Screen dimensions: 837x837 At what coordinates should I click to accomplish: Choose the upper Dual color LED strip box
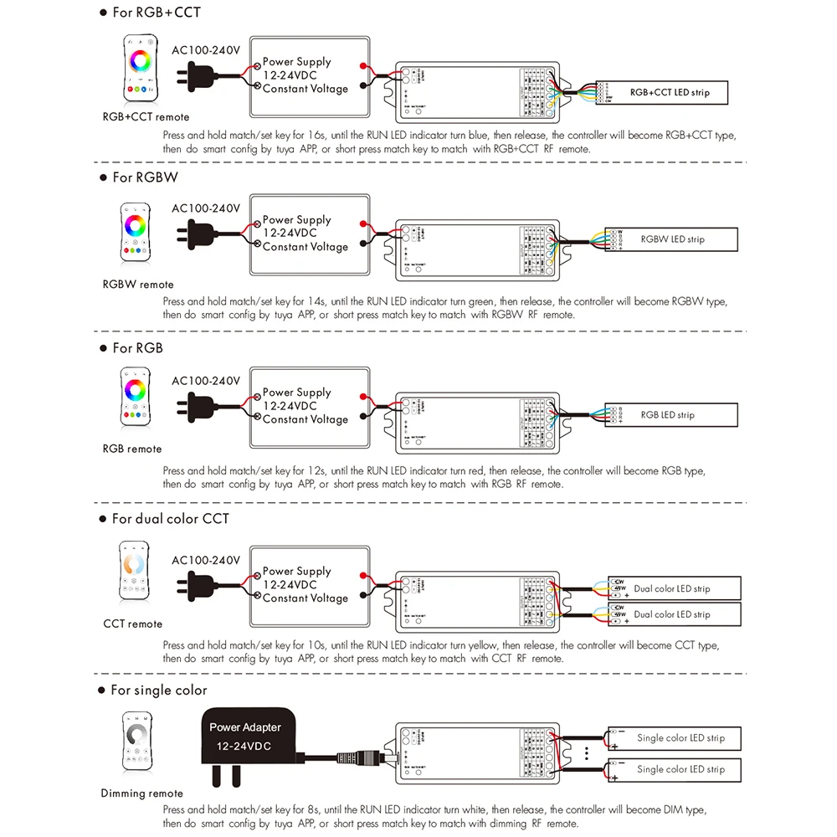point(674,588)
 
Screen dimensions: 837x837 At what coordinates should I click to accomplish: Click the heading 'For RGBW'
point(145,177)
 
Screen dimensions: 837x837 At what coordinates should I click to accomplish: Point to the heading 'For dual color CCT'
point(170,519)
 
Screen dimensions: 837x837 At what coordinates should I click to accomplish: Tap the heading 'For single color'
point(158,691)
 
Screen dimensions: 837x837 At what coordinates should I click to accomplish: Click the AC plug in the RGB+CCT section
point(190,77)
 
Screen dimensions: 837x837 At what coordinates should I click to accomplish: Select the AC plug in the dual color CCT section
point(190,586)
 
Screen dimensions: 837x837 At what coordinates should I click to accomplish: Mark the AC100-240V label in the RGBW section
point(206,208)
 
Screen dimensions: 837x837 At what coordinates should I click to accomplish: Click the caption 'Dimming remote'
point(141,793)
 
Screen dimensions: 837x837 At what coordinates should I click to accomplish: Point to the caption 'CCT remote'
point(133,624)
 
